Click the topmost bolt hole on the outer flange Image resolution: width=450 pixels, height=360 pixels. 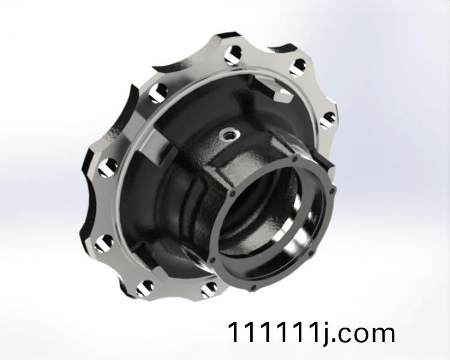(233, 54)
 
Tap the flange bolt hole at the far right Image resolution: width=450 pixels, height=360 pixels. (328, 120)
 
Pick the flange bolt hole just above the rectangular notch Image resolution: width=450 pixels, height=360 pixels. (298, 67)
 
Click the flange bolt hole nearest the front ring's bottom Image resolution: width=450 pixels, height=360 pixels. (209, 289)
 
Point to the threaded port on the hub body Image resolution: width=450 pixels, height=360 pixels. (229, 133)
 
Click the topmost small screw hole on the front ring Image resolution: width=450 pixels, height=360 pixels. (294, 159)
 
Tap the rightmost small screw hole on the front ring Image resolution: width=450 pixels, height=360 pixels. (332, 191)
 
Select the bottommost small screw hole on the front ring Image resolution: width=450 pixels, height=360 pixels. (253, 287)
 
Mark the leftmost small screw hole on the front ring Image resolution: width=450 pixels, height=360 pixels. (212, 260)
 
